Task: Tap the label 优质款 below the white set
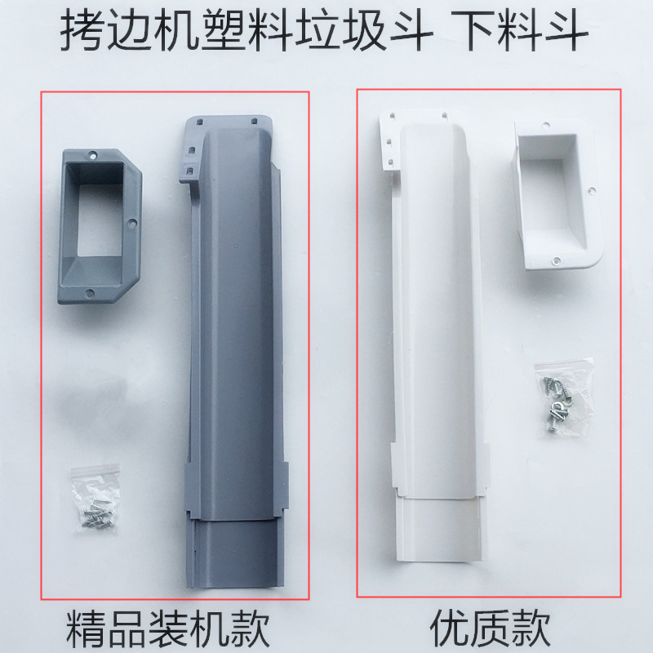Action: (x=491, y=629)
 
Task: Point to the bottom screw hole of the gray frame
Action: (x=91, y=292)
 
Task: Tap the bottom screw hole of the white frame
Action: (x=556, y=262)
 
